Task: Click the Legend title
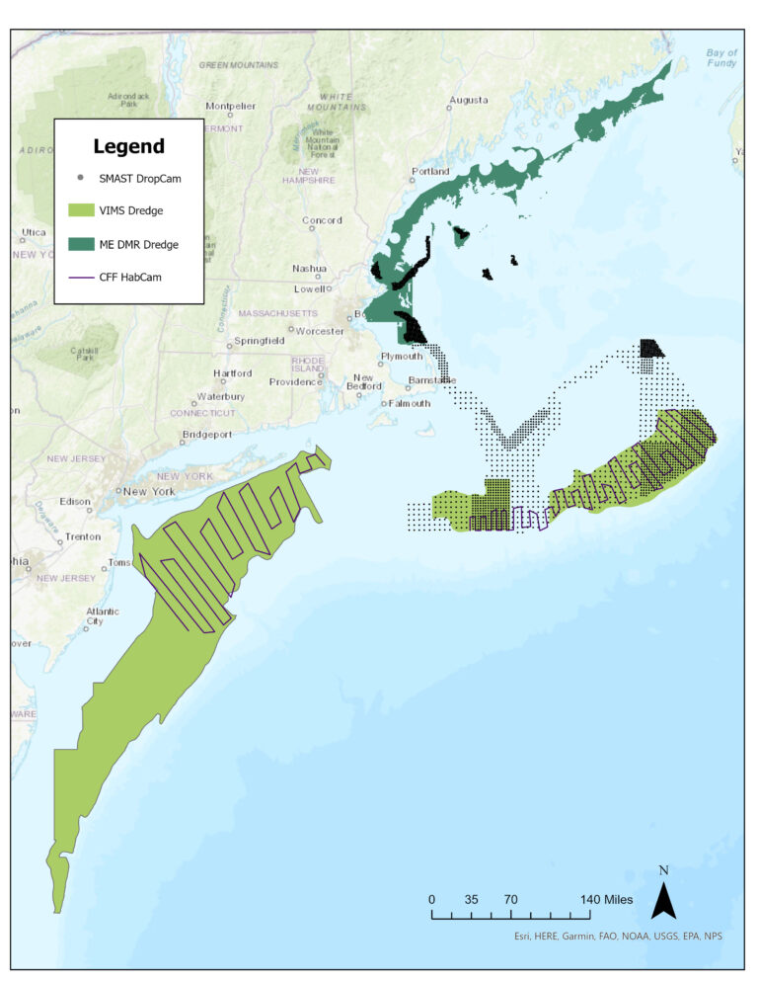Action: [128, 146]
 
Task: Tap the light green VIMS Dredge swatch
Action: [79, 209]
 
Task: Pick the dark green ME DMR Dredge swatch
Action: [79, 243]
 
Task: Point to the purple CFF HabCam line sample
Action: [79, 277]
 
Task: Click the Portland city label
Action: [430, 171]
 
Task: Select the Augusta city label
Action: [468, 100]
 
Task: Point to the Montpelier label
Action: [231, 106]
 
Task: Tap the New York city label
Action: [149, 491]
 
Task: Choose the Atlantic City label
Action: [103, 615]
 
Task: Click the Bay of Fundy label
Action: [721, 57]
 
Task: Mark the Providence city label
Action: [295, 381]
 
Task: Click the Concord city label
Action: [322, 220]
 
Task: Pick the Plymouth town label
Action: [402, 357]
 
